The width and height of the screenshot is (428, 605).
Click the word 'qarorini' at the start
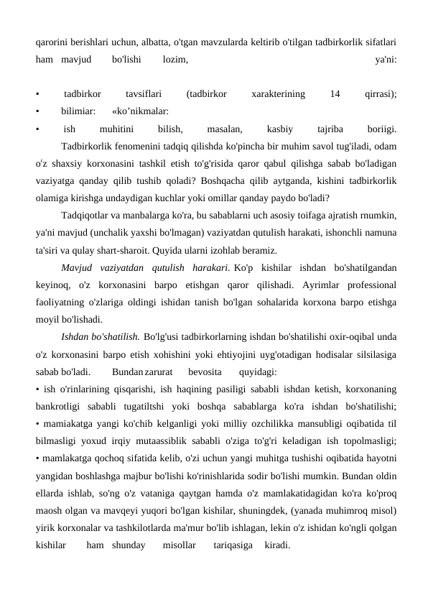pos(52,40)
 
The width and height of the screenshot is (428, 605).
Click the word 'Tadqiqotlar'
pos(86,216)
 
